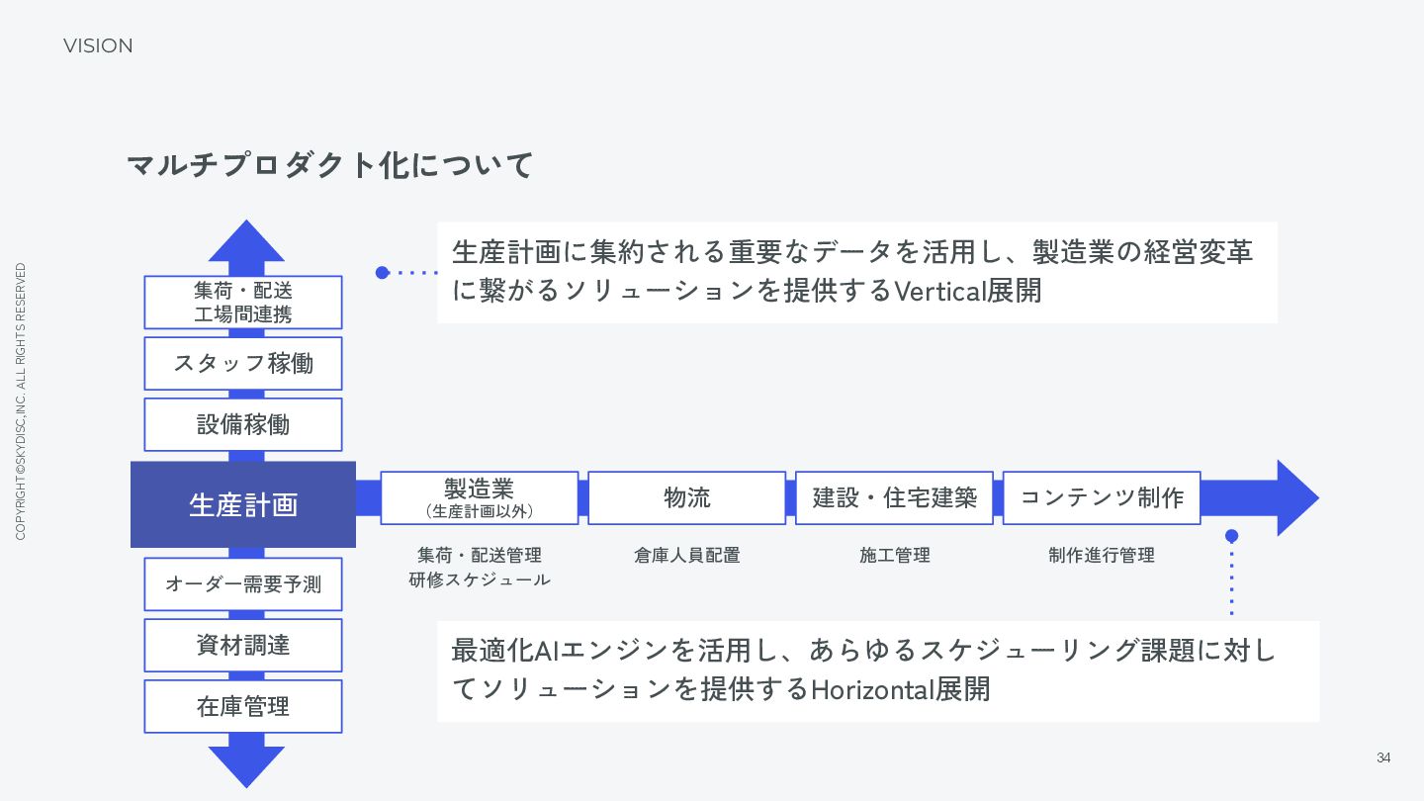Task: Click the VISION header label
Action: [x=98, y=46]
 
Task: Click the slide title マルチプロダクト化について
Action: [x=330, y=165]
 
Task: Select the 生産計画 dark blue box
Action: [x=243, y=504]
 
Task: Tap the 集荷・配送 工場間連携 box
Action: [x=243, y=303]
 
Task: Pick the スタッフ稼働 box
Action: [x=243, y=364]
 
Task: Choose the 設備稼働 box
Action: [x=243, y=425]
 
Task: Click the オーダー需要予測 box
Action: [x=243, y=584]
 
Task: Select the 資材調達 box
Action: [x=243, y=646]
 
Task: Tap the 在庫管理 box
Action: [x=243, y=706]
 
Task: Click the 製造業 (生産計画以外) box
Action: [x=480, y=497]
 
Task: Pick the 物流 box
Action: [x=687, y=497]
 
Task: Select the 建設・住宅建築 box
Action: [x=894, y=497]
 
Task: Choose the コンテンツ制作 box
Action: [x=1102, y=497]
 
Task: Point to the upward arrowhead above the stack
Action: [x=246, y=242]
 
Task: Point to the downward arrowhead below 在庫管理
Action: [x=246, y=764]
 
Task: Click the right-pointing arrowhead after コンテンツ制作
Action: [x=1294, y=498]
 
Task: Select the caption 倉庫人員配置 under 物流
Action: [x=687, y=556]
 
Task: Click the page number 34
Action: [x=1383, y=758]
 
